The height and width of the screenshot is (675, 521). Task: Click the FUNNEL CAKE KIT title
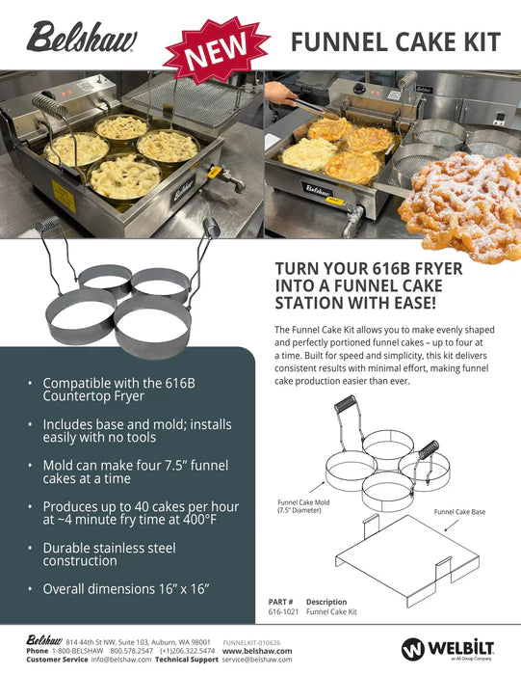click(x=395, y=42)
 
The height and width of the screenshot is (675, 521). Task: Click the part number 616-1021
click(x=284, y=611)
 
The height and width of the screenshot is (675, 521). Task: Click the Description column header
click(x=326, y=602)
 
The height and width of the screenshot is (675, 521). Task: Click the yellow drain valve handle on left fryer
click(x=216, y=175)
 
